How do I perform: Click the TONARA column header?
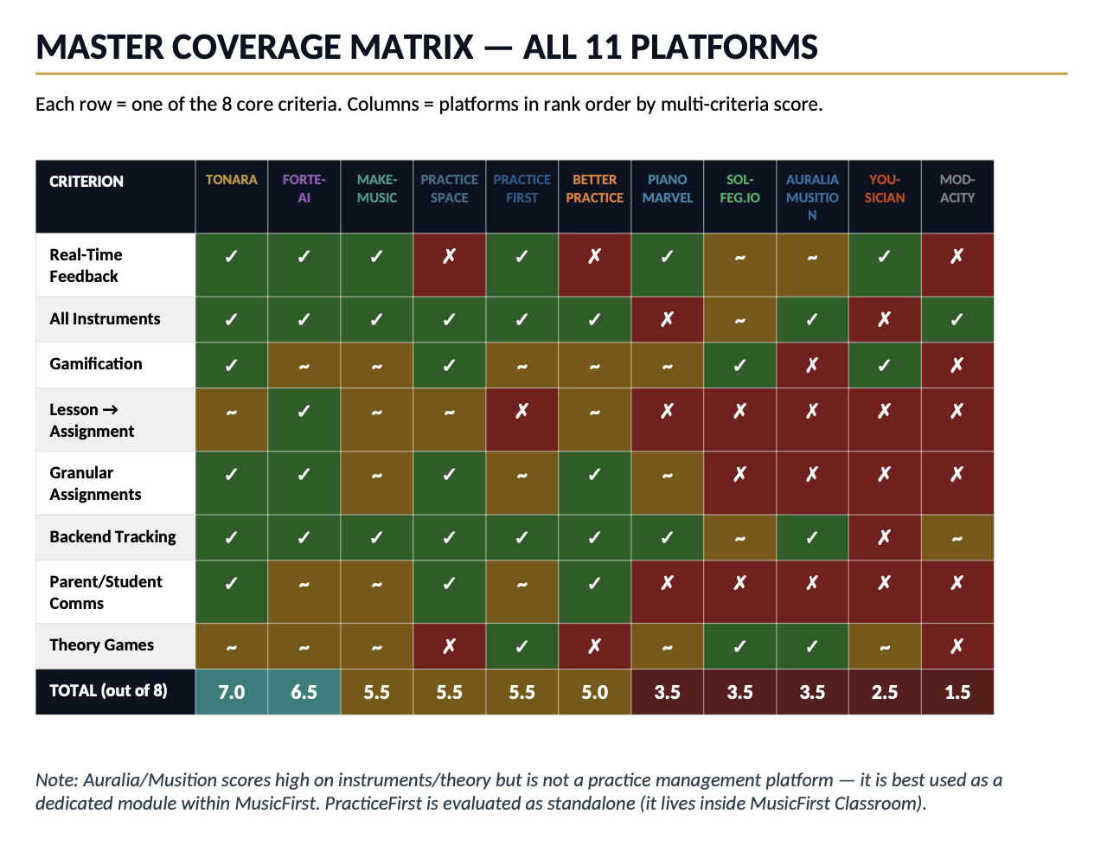(x=231, y=180)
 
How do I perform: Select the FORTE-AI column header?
(x=304, y=189)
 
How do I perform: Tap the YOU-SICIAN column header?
(x=885, y=189)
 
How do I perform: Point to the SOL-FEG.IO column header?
(x=739, y=189)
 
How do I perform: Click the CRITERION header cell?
(x=86, y=182)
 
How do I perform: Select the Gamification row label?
(x=96, y=364)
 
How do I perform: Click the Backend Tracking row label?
(x=112, y=537)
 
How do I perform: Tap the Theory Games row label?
(x=101, y=645)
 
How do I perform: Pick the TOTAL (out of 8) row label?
(x=108, y=691)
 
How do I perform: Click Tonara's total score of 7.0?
(x=231, y=692)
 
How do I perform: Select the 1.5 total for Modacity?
(x=957, y=692)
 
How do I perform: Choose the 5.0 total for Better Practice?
(x=594, y=692)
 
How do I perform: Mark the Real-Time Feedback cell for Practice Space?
(x=449, y=257)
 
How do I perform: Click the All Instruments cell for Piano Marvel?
(x=667, y=320)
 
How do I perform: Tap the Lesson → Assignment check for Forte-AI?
(x=304, y=412)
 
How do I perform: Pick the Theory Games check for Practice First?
(x=522, y=647)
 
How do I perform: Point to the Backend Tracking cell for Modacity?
(x=957, y=539)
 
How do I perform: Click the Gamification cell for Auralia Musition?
(x=812, y=366)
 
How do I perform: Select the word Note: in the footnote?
(x=56, y=780)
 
